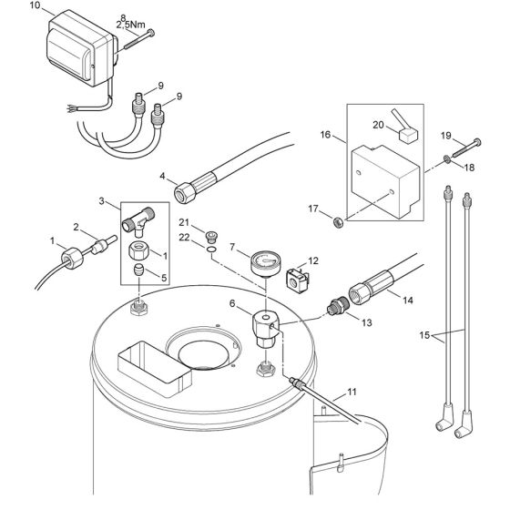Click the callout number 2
click(x=77, y=227)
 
